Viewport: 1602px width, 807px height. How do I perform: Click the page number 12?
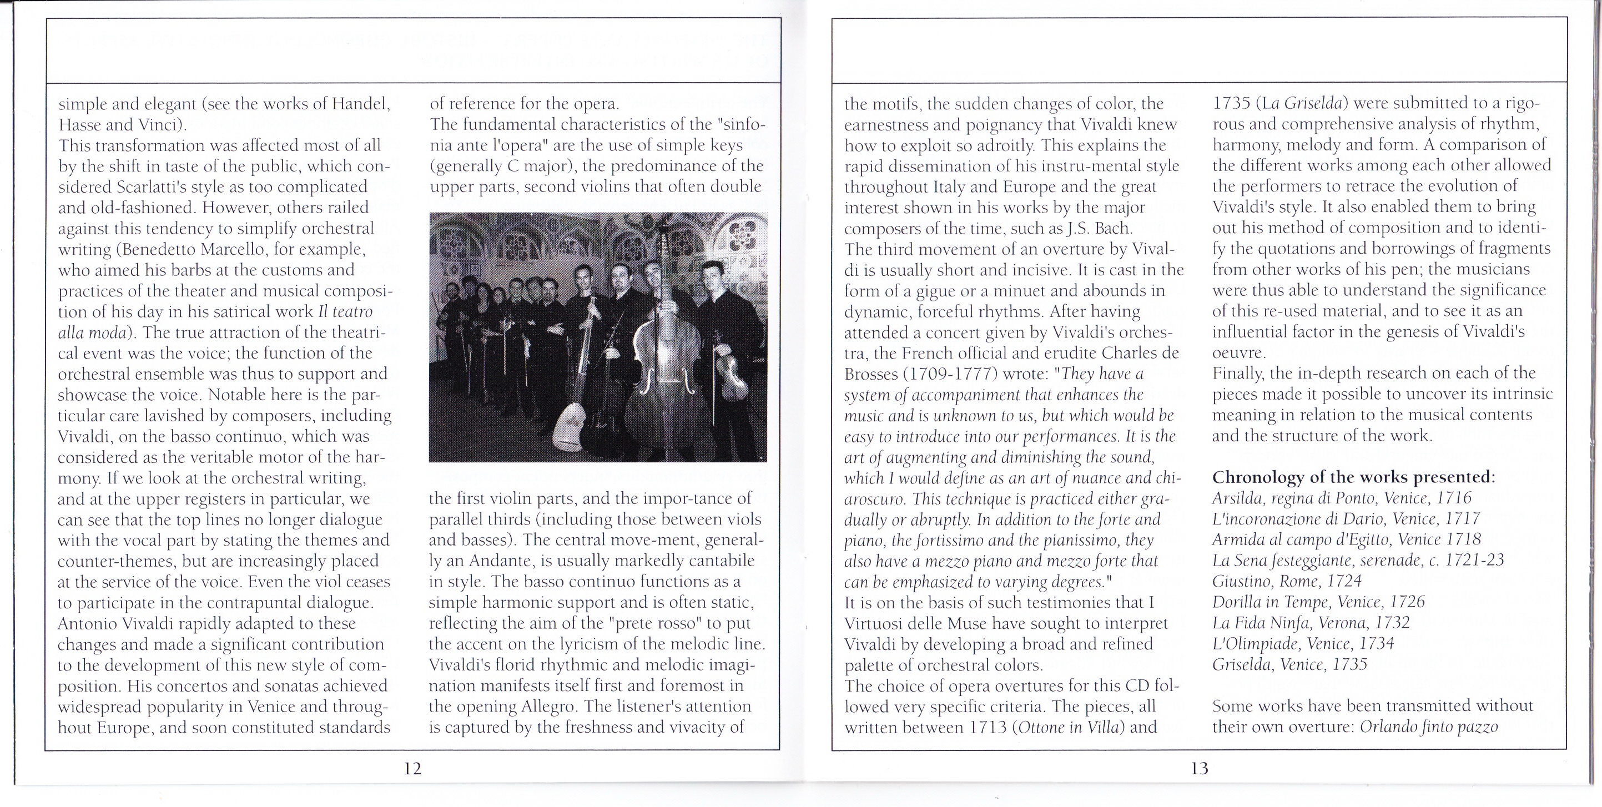point(412,769)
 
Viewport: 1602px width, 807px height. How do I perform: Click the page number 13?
point(1199,769)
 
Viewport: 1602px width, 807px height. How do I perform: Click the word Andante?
point(500,561)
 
